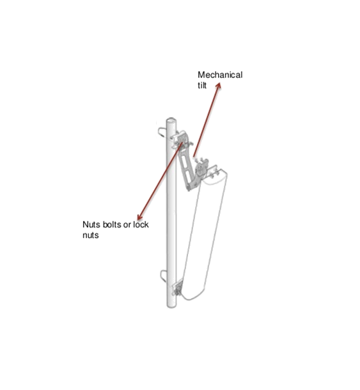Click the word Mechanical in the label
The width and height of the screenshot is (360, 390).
[220, 75]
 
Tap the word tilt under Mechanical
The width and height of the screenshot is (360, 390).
[202, 85]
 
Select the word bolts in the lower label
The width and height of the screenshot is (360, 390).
[111, 224]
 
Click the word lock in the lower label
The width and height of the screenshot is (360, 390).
[141, 224]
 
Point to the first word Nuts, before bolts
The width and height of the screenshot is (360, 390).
[91, 224]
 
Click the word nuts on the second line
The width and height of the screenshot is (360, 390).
[91, 235]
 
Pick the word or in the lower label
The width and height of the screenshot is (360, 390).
[127, 225]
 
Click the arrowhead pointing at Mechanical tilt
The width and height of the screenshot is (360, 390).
[219, 86]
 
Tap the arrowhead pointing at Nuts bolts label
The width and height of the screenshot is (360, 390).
[140, 217]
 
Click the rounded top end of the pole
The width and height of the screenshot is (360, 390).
[171, 121]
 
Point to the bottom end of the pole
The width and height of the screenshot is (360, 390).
[171, 306]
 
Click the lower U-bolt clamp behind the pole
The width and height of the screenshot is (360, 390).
[163, 276]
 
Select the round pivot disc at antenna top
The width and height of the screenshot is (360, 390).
[200, 169]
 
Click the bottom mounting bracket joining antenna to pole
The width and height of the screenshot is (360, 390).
[178, 288]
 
